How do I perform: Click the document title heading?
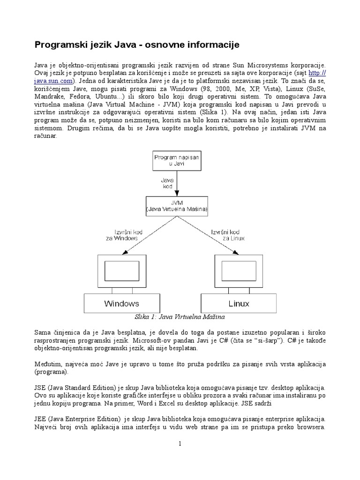tap(137, 45)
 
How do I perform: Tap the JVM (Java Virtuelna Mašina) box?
tap(176, 205)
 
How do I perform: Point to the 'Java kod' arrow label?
tap(168, 182)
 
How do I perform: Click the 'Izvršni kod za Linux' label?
tap(228, 235)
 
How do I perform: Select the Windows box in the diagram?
tap(121, 303)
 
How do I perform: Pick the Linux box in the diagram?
tap(239, 303)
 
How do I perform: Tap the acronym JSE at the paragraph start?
tap(40, 388)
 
